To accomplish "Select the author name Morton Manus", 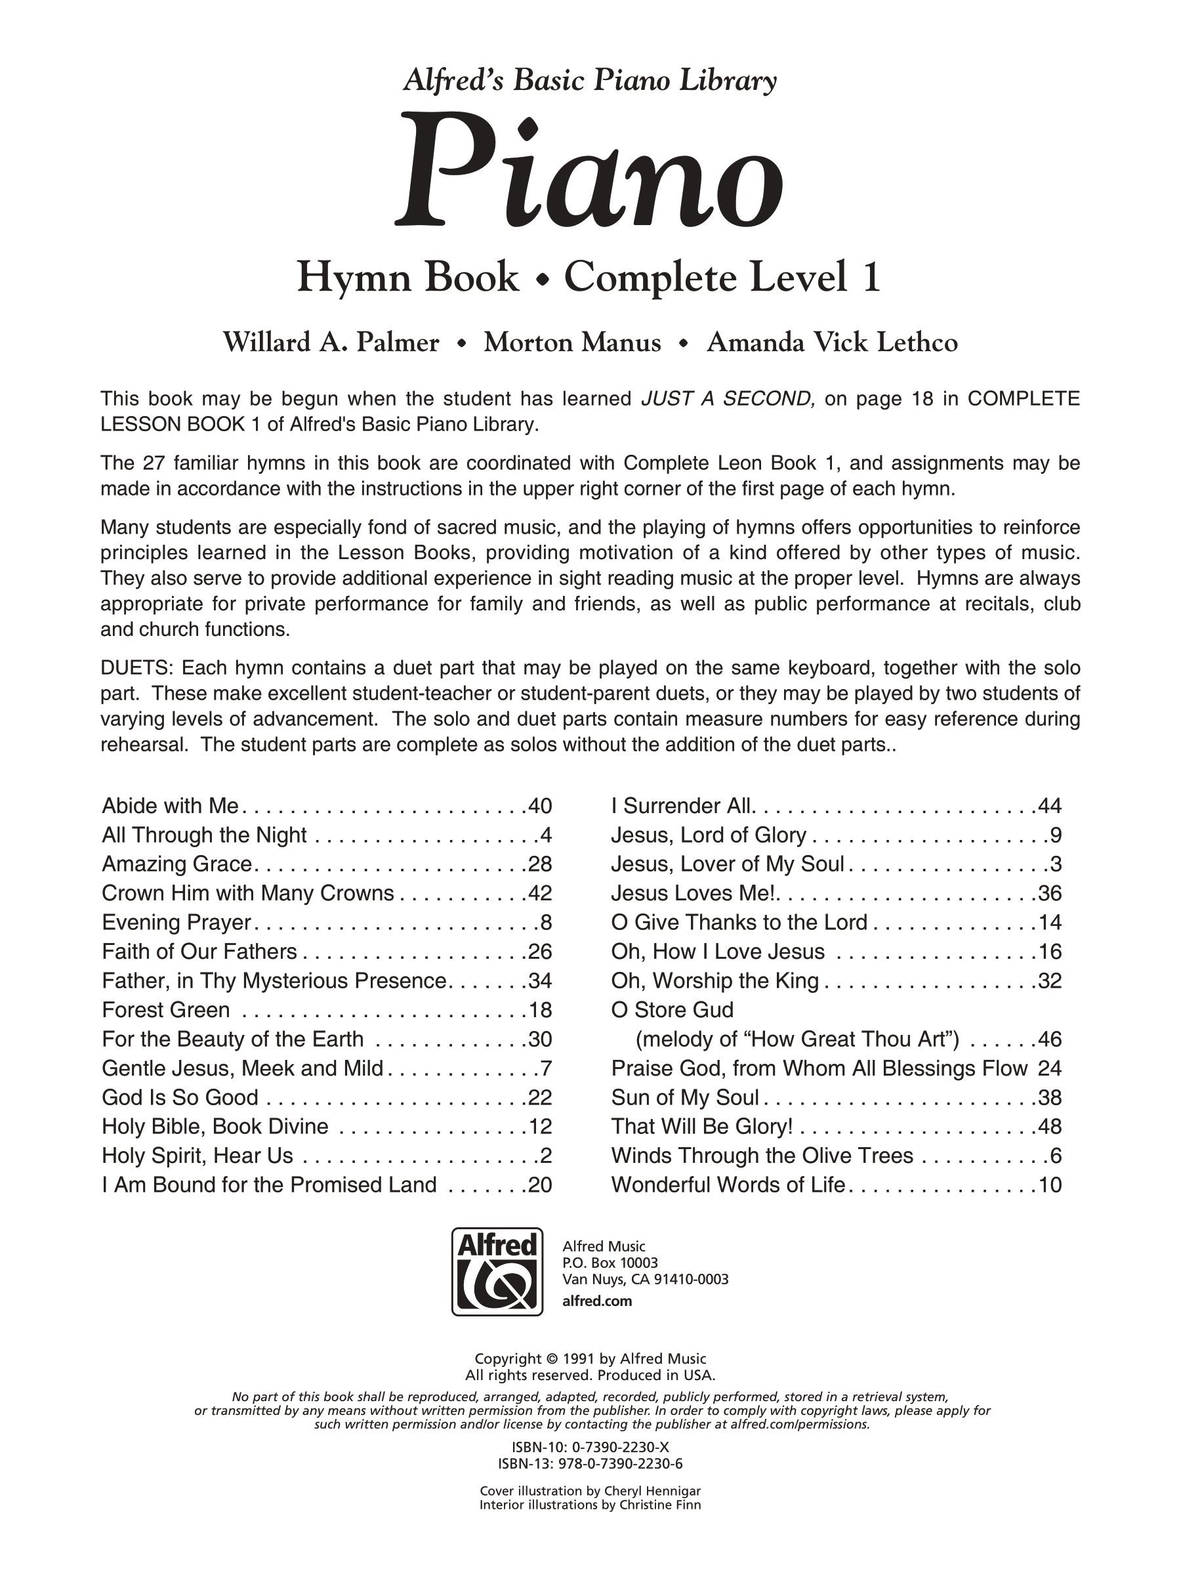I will point(572,343).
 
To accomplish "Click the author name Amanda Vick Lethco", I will point(831,343).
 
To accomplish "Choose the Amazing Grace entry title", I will point(177,864).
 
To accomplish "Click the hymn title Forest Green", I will point(166,1010).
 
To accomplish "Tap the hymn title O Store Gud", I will point(672,1010).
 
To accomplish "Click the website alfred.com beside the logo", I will point(597,1301).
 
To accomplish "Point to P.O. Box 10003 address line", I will point(610,1263).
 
